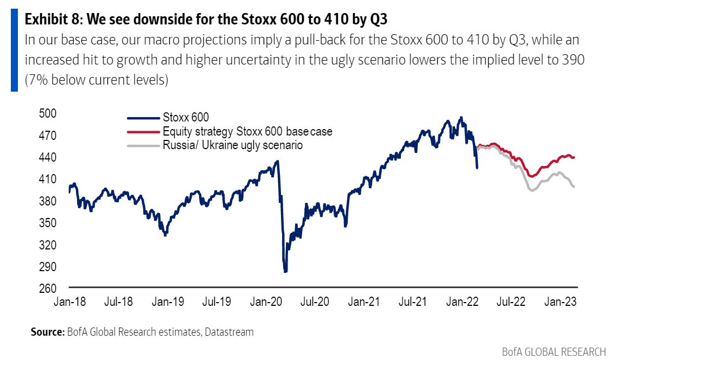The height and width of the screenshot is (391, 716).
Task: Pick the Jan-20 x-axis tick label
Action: click(265, 302)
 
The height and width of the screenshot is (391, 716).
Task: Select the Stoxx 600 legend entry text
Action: click(186, 117)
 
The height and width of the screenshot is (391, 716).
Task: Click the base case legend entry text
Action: click(247, 131)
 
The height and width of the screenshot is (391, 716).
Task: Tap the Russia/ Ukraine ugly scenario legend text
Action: click(233, 145)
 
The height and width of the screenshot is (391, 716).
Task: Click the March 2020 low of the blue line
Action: click(285, 271)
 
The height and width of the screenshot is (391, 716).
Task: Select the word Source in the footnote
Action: click(47, 332)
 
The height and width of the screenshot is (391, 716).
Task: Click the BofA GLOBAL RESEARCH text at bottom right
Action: click(553, 351)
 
